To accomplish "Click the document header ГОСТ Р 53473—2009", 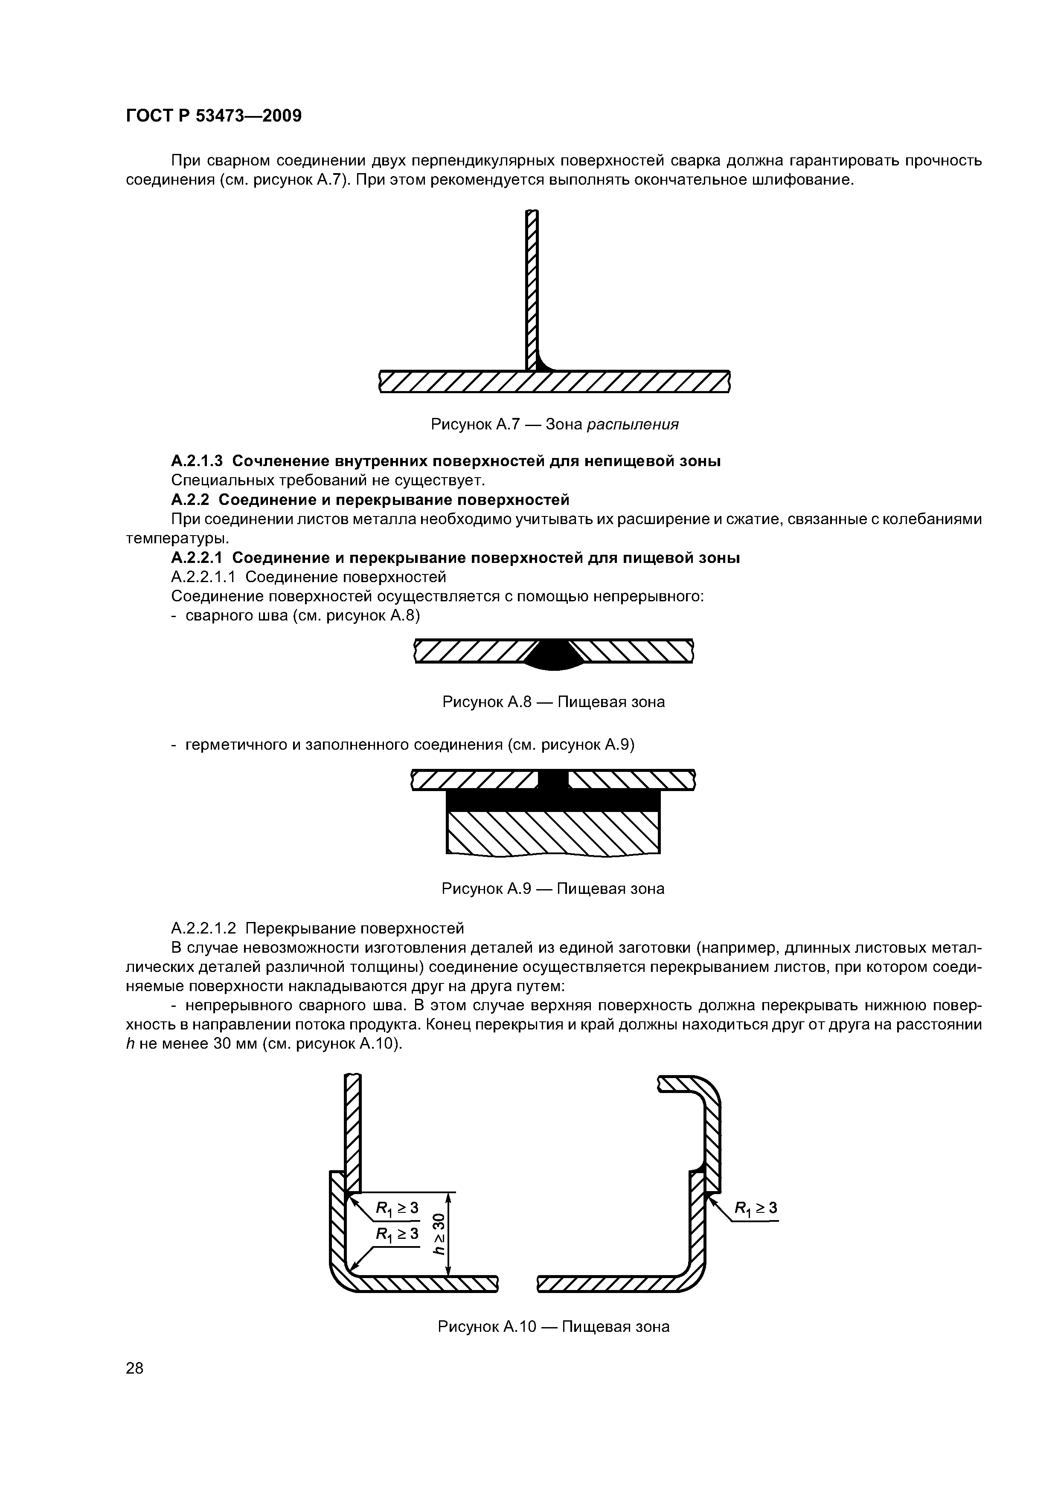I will point(213,116).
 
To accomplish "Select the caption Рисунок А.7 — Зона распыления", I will point(555,425).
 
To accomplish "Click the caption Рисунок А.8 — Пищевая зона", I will point(553,702).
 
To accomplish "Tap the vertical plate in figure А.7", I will point(532,287).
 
